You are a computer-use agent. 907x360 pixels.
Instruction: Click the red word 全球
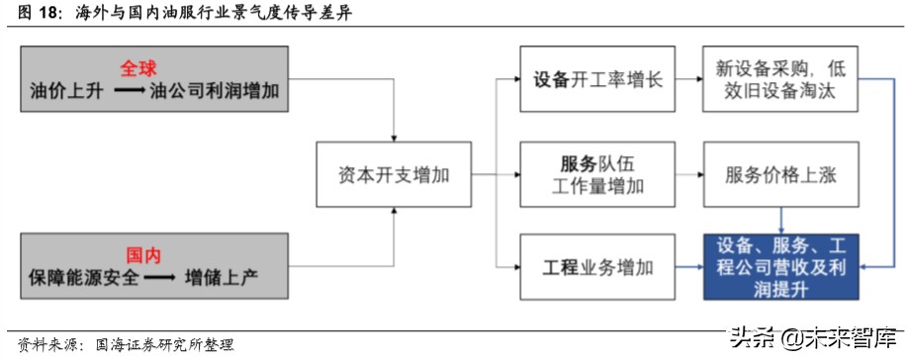(140, 69)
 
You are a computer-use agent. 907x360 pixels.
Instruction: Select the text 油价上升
(66, 92)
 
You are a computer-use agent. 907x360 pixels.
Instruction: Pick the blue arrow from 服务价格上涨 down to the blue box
(781, 220)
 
